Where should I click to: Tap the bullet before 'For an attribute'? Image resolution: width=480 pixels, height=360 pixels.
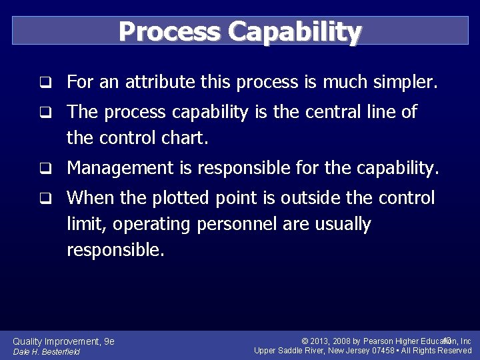[x=45, y=83]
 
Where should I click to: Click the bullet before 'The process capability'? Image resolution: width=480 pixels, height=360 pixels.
[x=45, y=113]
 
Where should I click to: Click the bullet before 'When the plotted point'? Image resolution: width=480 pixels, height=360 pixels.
[x=45, y=198]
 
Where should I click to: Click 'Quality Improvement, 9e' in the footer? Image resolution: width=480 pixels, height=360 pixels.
[x=64, y=341]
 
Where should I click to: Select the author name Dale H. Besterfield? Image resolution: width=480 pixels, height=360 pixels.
[x=47, y=352]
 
